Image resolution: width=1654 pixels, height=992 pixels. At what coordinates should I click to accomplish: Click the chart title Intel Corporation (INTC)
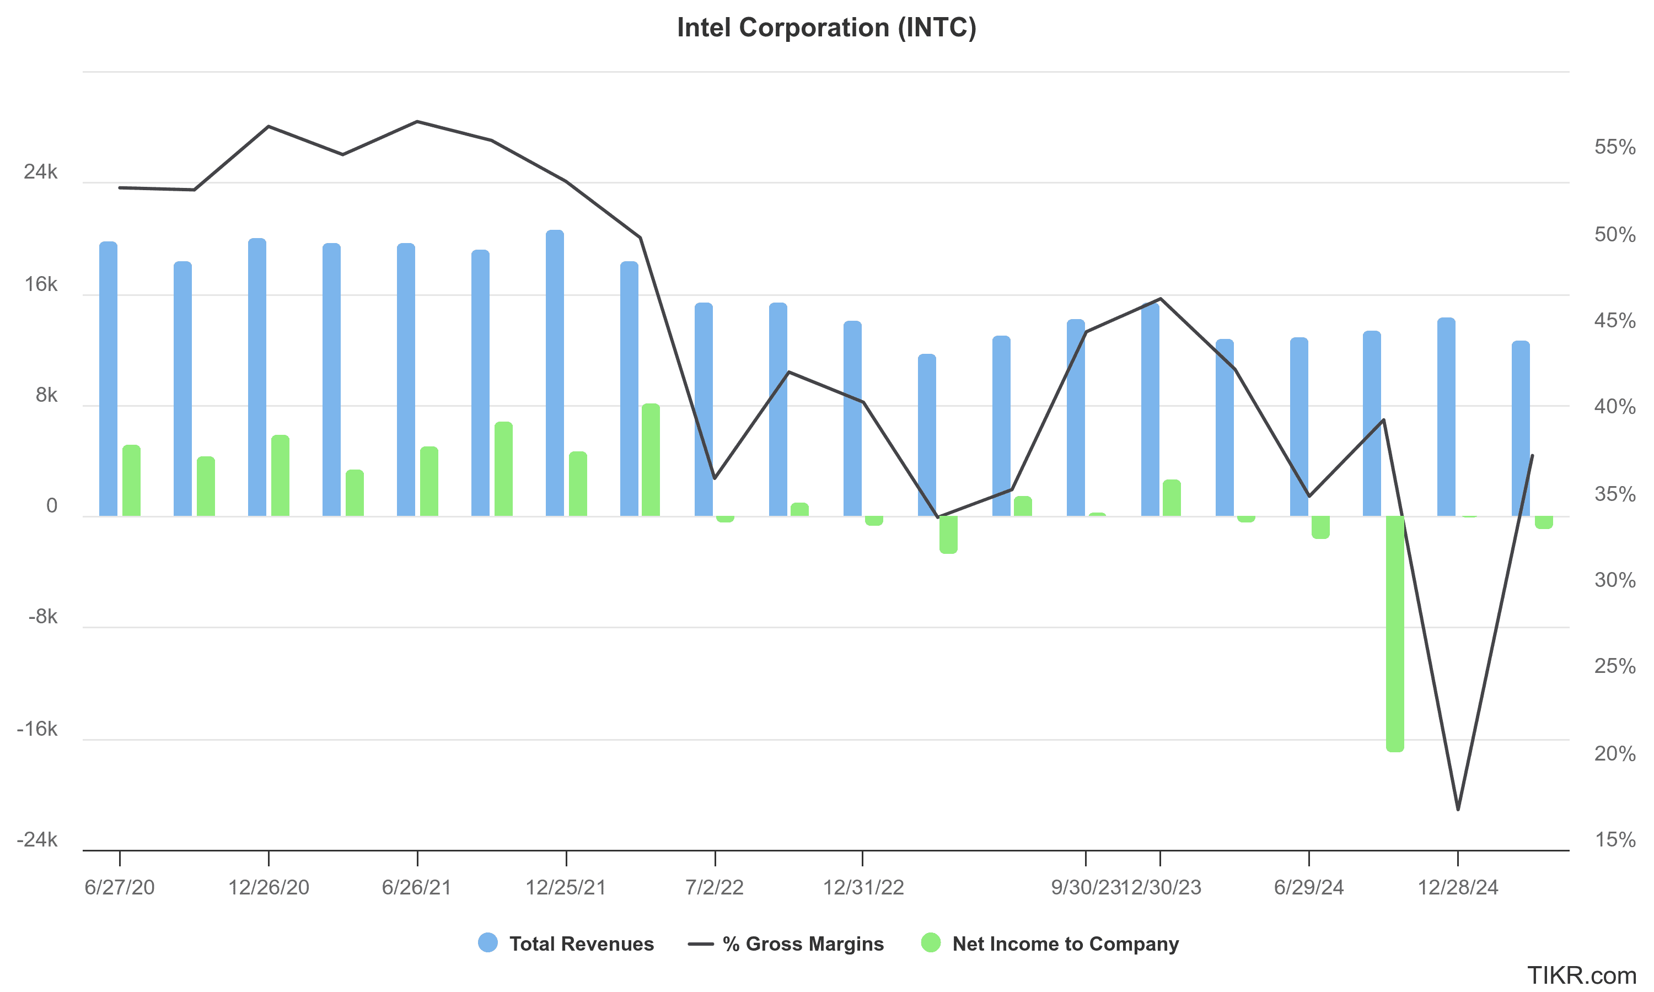pyautogui.click(x=826, y=28)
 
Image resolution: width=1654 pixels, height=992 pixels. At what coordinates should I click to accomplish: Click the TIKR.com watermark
pyautogui.click(x=1582, y=975)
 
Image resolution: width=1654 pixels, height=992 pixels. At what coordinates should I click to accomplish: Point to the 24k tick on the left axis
pyautogui.click(x=41, y=172)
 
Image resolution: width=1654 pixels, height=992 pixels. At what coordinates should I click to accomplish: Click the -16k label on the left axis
pyautogui.click(x=37, y=729)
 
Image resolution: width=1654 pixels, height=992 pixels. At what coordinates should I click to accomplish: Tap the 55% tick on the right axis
pyautogui.click(x=1614, y=147)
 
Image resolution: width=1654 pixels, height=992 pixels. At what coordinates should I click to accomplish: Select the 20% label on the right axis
pyautogui.click(x=1614, y=753)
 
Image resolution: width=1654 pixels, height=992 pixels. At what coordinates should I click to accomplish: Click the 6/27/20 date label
pyautogui.click(x=120, y=887)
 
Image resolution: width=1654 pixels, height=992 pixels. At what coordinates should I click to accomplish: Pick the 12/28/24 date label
pyautogui.click(x=1458, y=887)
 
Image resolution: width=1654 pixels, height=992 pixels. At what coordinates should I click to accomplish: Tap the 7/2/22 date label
pyautogui.click(x=715, y=887)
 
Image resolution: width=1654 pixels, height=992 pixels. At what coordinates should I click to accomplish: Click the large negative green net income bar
pyautogui.click(x=1395, y=634)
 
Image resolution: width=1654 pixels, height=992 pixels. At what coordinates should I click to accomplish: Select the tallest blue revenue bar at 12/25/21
pyautogui.click(x=555, y=373)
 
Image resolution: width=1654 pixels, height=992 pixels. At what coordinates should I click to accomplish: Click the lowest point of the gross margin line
pyautogui.click(x=1458, y=810)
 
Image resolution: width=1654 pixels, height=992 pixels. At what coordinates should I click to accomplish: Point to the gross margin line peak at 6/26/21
pyautogui.click(x=417, y=122)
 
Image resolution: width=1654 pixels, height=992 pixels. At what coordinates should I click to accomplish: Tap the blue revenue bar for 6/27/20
pyautogui.click(x=108, y=379)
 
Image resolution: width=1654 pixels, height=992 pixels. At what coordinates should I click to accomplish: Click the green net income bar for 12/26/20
pyautogui.click(x=280, y=475)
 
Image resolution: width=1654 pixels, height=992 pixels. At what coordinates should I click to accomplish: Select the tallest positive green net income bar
pyautogui.click(x=651, y=460)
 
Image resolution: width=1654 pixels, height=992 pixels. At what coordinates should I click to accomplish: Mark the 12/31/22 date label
pyautogui.click(x=863, y=887)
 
